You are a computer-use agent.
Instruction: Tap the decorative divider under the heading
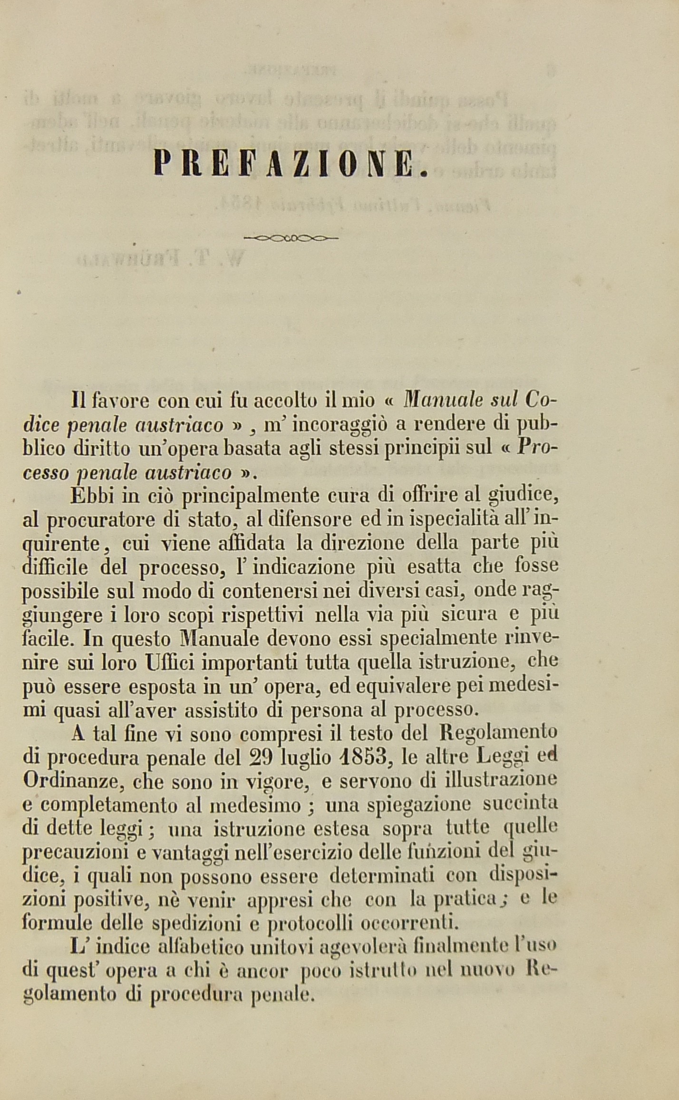click(x=290, y=238)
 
